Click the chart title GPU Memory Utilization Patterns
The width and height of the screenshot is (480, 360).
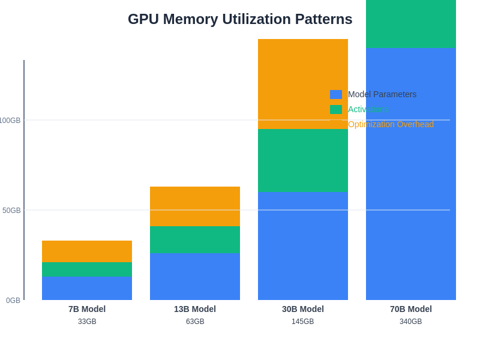pyautogui.click(x=240, y=19)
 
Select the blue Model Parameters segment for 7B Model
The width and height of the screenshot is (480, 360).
pyautogui.click(x=87, y=289)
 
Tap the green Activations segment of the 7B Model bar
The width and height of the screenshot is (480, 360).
pyautogui.click(x=87, y=269)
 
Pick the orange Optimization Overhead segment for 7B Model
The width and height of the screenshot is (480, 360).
pyautogui.click(x=87, y=251)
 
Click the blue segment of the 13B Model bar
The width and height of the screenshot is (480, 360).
pyautogui.click(x=195, y=277)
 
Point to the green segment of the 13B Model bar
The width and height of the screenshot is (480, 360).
pyautogui.click(x=195, y=239)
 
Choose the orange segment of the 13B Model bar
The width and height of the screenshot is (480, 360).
pyautogui.click(x=195, y=206)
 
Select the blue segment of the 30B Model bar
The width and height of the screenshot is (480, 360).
pyautogui.click(x=303, y=246)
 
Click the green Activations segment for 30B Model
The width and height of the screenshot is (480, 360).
pyautogui.click(x=303, y=160)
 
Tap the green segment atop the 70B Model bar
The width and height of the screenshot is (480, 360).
pyautogui.click(x=411, y=24)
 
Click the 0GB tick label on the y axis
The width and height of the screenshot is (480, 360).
pyautogui.click(x=13, y=301)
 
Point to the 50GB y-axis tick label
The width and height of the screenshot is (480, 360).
pyautogui.click(x=11, y=211)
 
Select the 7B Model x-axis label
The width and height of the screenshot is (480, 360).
pyautogui.click(x=87, y=309)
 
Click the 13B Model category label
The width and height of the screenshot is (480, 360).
pyautogui.click(x=195, y=309)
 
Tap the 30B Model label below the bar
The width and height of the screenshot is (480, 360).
pyautogui.click(x=303, y=309)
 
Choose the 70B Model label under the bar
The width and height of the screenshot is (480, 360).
pyautogui.click(x=411, y=309)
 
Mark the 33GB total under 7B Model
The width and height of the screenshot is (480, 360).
pyautogui.click(x=87, y=322)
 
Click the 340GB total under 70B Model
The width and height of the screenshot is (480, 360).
pyautogui.click(x=411, y=322)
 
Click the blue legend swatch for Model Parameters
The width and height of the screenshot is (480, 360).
pyautogui.click(x=336, y=94)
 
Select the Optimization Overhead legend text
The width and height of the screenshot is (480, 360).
pyautogui.click(x=391, y=124)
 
